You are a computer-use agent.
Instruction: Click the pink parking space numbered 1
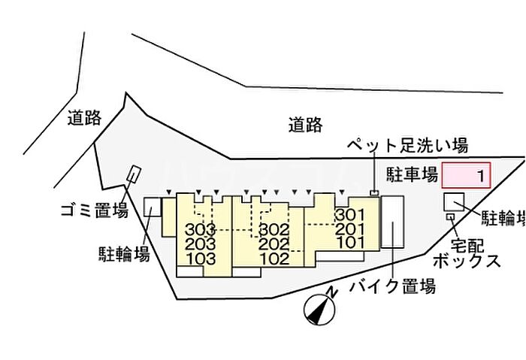466,175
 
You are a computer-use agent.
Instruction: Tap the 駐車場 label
412,174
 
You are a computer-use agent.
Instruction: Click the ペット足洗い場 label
407,146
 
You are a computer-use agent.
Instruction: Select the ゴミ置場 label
95,210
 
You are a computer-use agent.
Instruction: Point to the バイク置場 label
392,286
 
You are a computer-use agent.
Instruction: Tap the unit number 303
201,229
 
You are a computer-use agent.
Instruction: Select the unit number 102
275,259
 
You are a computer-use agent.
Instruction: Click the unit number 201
350,228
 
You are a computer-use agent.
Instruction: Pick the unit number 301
350,214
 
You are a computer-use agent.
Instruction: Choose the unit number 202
274,244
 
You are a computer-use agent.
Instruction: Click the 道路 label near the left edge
84,117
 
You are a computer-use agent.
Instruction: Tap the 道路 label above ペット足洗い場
306,125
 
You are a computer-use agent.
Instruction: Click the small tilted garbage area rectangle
135,174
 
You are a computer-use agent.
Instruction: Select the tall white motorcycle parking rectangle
392,222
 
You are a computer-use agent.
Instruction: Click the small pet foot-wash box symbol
374,192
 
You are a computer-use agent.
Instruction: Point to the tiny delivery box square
450,216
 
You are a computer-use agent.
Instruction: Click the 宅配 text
467,246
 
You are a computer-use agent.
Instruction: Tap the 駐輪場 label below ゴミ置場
124,254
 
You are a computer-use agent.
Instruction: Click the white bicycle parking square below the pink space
454,202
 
